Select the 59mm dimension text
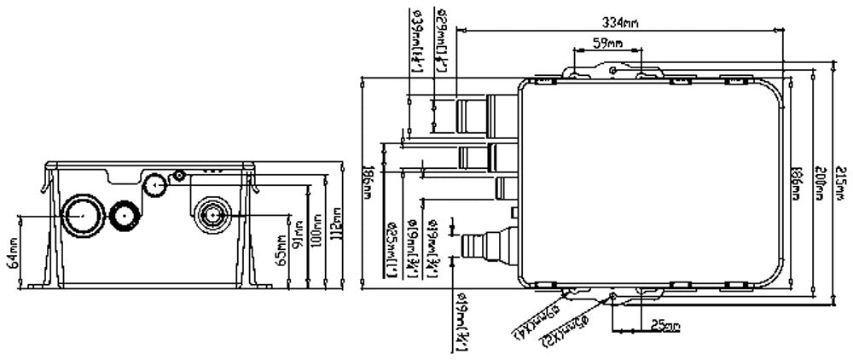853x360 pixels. [606, 43]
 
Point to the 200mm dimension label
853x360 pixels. [818, 186]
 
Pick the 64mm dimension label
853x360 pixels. [12, 253]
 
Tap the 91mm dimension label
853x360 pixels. [298, 236]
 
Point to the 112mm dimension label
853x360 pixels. [336, 224]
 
